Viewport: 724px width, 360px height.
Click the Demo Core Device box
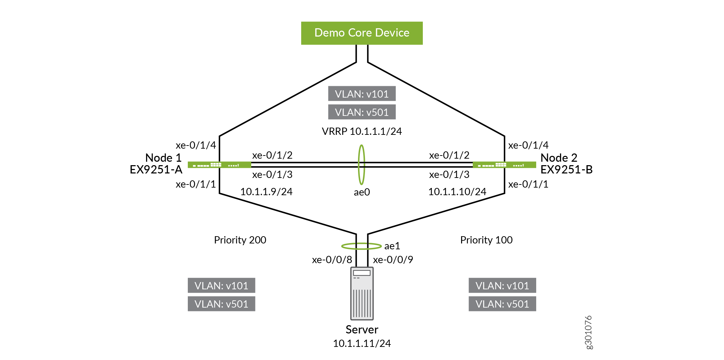[362, 33]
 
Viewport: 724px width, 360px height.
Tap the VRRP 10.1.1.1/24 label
[362, 131]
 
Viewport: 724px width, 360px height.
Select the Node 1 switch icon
[220, 165]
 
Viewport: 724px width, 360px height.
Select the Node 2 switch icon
[504, 165]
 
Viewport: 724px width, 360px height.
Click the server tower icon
[362, 293]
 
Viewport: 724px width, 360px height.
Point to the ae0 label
[362, 192]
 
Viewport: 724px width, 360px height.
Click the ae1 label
[392, 246]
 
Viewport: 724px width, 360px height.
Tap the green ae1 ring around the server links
[361, 243]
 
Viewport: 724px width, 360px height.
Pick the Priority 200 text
[240, 240]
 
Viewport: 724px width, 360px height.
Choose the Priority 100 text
[487, 240]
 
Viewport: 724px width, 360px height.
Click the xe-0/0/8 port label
[332, 260]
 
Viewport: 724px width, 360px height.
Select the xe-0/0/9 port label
[393, 260]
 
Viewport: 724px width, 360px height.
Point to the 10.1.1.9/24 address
[266, 192]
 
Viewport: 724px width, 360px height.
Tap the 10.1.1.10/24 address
[457, 192]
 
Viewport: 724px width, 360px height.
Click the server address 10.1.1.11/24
[362, 343]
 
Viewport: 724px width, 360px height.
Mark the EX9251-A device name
[156, 170]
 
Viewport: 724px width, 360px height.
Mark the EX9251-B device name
[567, 170]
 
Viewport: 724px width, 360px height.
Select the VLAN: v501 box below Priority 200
[222, 304]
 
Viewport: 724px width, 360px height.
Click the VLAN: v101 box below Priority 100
[502, 286]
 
